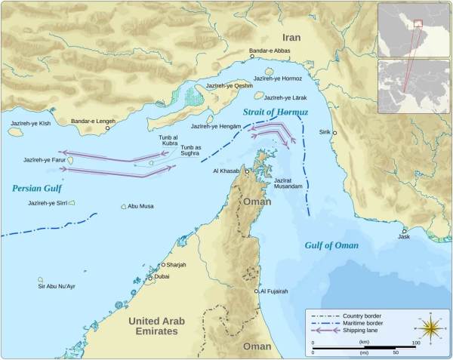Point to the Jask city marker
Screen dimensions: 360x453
405,231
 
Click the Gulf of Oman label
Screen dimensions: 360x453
331,245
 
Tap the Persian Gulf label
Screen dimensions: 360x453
36,189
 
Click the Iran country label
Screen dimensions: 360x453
291,37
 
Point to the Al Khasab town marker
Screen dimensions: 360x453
245,171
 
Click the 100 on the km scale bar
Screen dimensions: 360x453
414,344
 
